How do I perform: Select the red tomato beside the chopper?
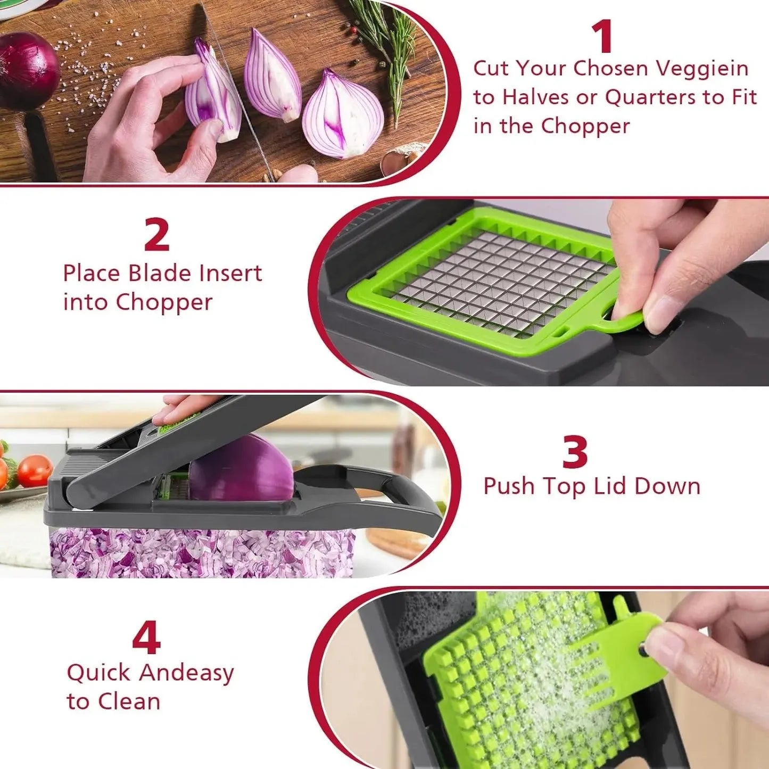35,470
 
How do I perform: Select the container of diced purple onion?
202,553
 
